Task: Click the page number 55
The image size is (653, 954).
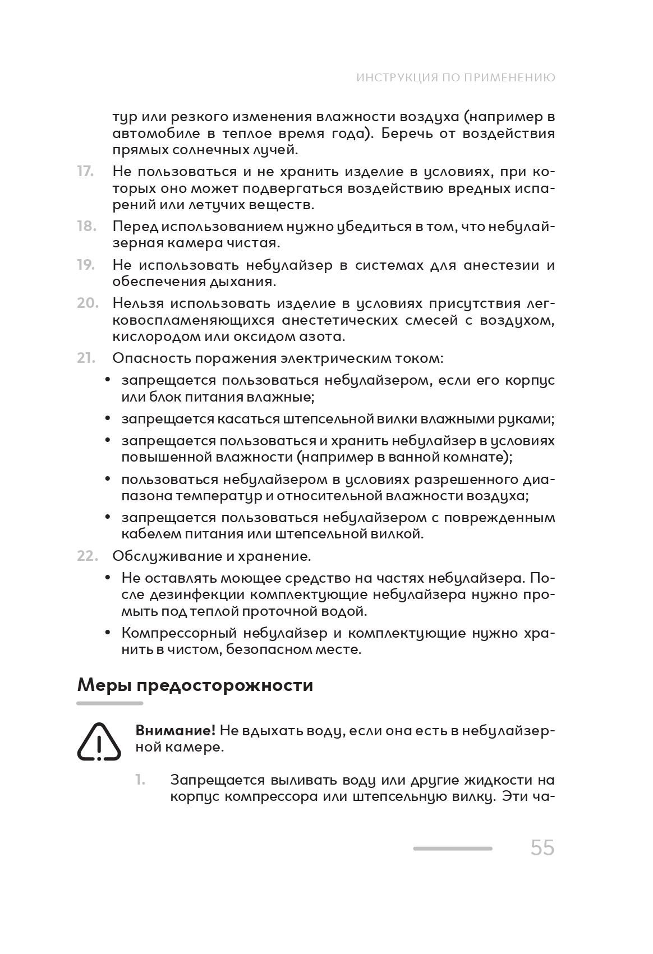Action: point(542,847)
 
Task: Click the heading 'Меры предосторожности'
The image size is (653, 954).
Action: point(195,685)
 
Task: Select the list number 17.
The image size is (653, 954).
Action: point(85,171)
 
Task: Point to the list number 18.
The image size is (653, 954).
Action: point(86,226)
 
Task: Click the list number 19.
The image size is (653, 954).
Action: point(86,265)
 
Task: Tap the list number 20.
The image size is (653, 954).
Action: point(88,303)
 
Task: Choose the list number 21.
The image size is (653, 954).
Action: point(86,358)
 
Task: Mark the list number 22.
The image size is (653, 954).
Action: point(88,556)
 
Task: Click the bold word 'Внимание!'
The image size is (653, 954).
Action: point(175,730)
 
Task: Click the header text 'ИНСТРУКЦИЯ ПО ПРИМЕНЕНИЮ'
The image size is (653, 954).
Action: point(456,77)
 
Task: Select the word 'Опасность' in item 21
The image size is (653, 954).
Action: point(148,358)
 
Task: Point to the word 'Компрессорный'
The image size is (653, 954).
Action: point(177,633)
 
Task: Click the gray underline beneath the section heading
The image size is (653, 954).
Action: point(110,703)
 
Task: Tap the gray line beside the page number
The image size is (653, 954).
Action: point(452,849)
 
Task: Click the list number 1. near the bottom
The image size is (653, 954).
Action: point(140,780)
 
